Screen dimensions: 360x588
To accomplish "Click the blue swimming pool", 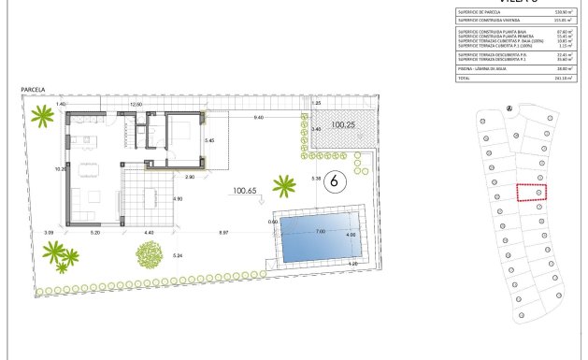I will tap(321, 238).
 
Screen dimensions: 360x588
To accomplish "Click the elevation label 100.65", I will tap(245, 191).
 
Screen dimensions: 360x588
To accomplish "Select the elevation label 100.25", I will tap(345, 125).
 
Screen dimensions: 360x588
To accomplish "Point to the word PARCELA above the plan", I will tap(33, 90).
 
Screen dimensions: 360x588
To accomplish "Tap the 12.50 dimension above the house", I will tap(136, 105).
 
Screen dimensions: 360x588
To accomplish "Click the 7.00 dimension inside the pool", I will tap(320, 232).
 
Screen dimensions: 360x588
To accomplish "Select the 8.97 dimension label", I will tap(223, 231).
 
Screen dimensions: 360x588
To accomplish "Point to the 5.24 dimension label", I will tap(178, 255).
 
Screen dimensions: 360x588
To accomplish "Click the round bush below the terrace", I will tap(149, 253).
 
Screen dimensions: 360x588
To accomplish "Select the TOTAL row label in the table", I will tap(465, 78).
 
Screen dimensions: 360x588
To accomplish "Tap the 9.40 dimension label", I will tap(258, 118).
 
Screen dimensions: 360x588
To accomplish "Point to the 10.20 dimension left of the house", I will tap(61, 169).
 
